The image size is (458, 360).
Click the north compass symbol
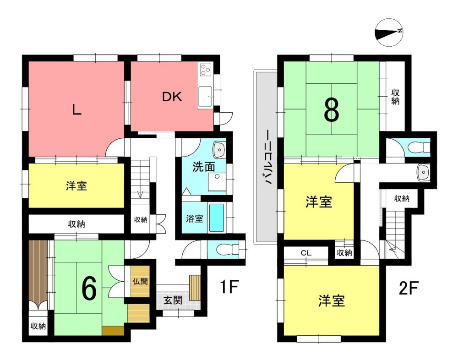(x=389, y=33)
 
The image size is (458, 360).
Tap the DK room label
(x=172, y=97)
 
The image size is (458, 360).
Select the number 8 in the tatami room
(x=332, y=110)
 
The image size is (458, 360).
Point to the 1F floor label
(x=229, y=287)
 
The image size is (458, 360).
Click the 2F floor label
(x=409, y=288)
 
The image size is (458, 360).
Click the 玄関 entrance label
(x=173, y=300)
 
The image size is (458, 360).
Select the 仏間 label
(x=140, y=281)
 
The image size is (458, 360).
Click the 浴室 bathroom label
(x=195, y=218)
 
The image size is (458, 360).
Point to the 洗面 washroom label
(x=204, y=167)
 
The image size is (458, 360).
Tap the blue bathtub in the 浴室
(x=217, y=218)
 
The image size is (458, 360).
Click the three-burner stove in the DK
(x=206, y=70)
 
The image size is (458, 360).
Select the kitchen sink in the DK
(x=205, y=97)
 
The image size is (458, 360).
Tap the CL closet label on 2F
(x=306, y=253)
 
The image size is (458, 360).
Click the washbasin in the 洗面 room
(x=219, y=149)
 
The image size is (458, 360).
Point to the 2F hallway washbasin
(x=423, y=172)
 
